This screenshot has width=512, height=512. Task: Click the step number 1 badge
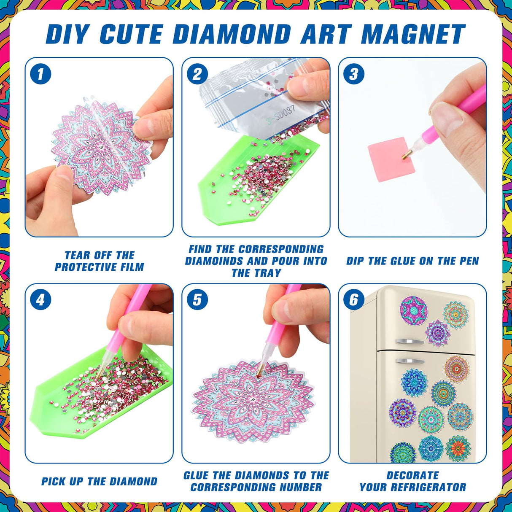(x=40, y=74)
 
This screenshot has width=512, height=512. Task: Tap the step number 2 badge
(x=197, y=74)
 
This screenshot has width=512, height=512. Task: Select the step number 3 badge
(x=353, y=74)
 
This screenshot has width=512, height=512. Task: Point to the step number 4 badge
(x=40, y=300)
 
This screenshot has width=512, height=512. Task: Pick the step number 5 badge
(x=197, y=300)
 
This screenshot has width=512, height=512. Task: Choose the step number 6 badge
(x=353, y=300)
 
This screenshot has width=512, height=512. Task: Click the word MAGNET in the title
(x=413, y=35)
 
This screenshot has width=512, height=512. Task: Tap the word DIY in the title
(x=67, y=35)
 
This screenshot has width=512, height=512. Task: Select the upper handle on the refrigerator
(x=410, y=341)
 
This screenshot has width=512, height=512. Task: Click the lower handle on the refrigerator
(x=410, y=361)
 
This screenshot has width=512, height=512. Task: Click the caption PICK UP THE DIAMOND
(x=99, y=481)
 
